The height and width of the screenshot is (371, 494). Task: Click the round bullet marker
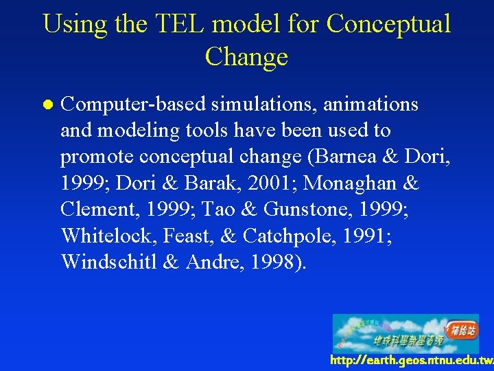(46, 105)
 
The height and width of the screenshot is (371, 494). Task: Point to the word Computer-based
(133, 104)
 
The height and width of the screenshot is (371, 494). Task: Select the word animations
(370, 104)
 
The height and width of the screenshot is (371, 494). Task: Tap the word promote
(97, 157)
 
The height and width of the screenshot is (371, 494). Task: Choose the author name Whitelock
(109, 236)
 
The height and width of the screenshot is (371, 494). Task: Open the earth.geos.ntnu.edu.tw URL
(410, 361)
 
